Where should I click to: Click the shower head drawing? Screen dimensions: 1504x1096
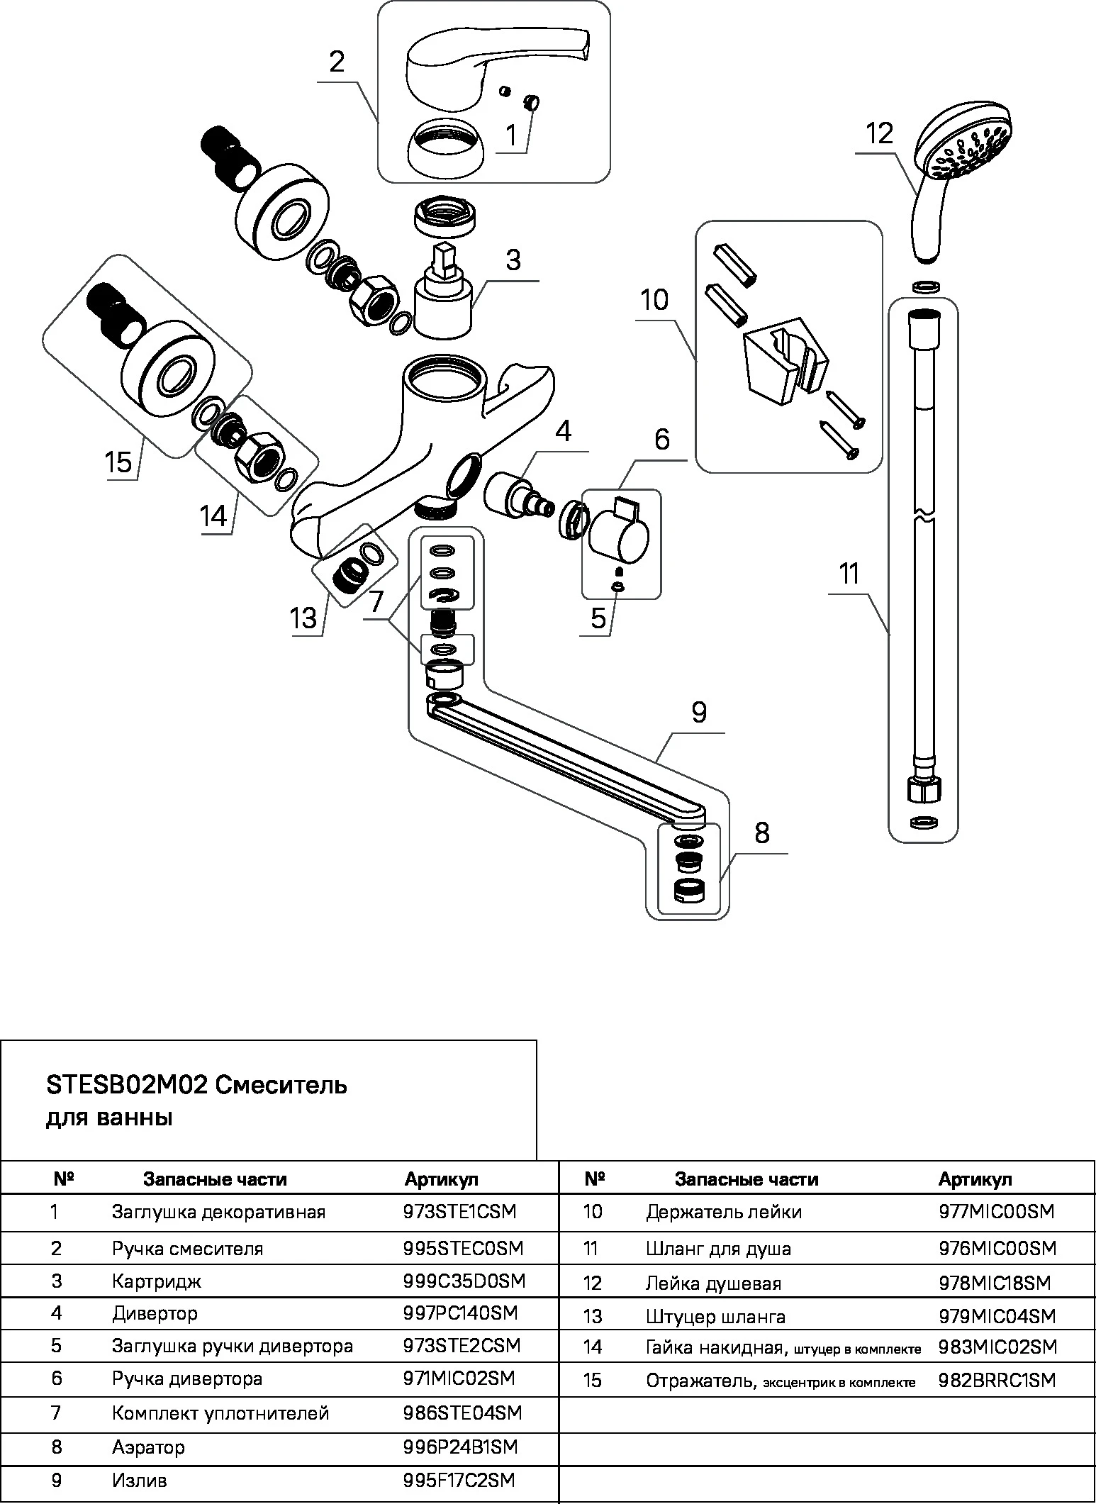[x=957, y=163]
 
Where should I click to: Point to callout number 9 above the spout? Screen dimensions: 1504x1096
[x=699, y=712]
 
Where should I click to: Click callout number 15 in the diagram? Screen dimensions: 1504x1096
[x=119, y=462]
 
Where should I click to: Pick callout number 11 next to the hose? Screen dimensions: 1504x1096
[x=849, y=574]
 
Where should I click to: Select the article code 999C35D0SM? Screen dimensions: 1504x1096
[x=464, y=1281]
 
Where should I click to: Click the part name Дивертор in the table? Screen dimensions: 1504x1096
[x=155, y=1313]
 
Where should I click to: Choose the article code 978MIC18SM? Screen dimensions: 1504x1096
[x=994, y=1283]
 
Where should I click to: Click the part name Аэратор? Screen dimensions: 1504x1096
[x=148, y=1447]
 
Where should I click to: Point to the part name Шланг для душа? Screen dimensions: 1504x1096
[x=718, y=1249]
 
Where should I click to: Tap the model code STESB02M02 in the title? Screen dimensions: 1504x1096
[x=126, y=1086]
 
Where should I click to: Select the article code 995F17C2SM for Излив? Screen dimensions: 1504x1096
[x=459, y=1480]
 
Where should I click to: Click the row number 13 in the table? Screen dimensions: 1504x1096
[x=593, y=1317]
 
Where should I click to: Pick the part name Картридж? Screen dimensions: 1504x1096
[x=156, y=1281]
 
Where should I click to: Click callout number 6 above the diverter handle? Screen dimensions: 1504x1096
[x=661, y=440]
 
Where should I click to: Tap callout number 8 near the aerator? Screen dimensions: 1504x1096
[x=762, y=833]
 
